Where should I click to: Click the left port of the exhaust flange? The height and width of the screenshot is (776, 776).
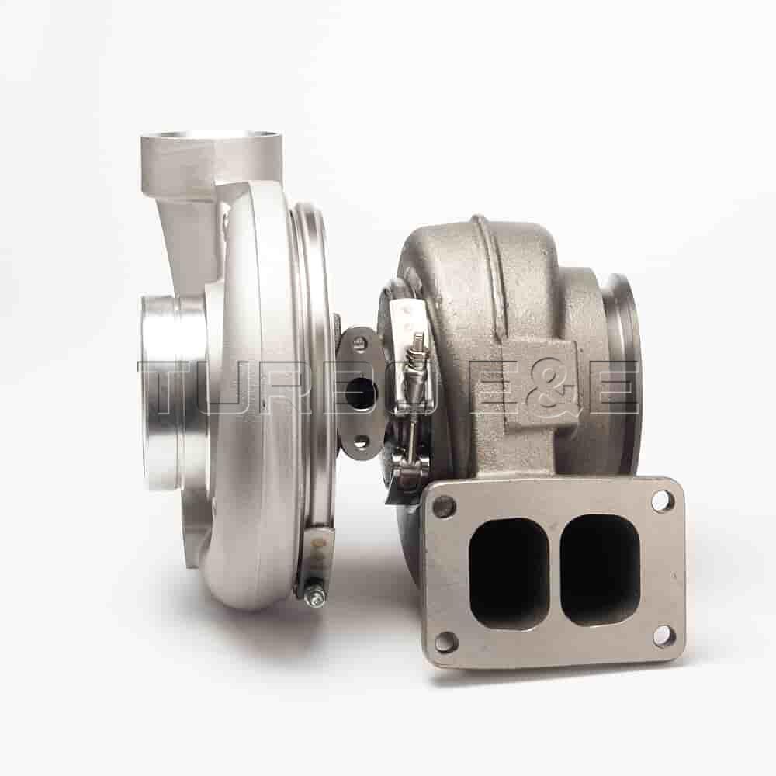click(508, 573)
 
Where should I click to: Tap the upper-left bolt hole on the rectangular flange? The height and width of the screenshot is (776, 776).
click(444, 507)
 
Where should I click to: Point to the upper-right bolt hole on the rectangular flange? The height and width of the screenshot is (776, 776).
click(662, 501)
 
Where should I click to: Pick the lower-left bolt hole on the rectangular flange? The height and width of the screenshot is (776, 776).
click(446, 642)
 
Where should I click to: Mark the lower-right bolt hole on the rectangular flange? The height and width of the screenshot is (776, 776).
click(663, 636)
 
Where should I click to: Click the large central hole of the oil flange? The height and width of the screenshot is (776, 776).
click(361, 393)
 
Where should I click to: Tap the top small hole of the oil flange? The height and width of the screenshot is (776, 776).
click(359, 343)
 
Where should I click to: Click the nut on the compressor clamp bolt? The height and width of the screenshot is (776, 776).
click(314, 596)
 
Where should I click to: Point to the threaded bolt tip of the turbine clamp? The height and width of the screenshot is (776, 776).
click(418, 341)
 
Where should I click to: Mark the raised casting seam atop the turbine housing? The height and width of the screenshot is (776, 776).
click(483, 248)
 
